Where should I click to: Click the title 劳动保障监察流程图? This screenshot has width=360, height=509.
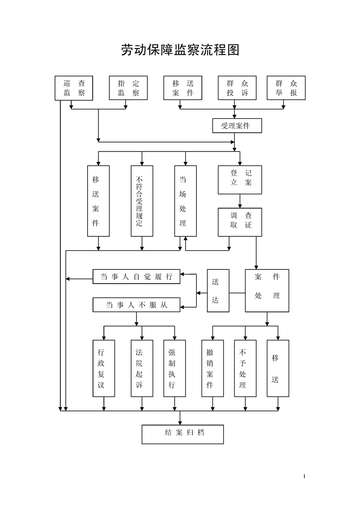(x=180, y=50)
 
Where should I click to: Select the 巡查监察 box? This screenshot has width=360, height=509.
(x=74, y=88)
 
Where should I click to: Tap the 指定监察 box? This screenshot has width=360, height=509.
(x=128, y=88)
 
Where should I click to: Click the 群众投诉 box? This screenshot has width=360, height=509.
(x=237, y=88)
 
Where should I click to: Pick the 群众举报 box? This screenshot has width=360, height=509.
(x=286, y=88)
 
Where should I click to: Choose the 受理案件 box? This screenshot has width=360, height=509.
(x=237, y=126)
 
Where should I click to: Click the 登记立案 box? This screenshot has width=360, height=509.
(x=240, y=180)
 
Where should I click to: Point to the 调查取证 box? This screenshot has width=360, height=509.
(x=240, y=222)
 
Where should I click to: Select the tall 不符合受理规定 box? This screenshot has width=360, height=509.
(x=142, y=201)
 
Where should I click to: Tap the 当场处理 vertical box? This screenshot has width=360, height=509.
(x=185, y=201)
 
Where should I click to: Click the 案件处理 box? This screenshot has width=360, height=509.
(x=267, y=290)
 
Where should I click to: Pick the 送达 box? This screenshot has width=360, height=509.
(x=218, y=290)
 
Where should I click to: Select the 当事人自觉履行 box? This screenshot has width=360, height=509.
(x=136, y=277)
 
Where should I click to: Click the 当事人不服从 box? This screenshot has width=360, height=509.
(x=136, y=305)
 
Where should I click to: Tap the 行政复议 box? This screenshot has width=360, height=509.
(x=104, y=368)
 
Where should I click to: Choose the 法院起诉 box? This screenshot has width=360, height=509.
(x=142, y=368)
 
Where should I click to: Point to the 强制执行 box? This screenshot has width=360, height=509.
(x=174, y=368)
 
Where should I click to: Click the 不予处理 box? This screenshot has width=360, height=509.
(x=245, y=368)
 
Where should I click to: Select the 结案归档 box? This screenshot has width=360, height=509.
(x=182, y=434)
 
